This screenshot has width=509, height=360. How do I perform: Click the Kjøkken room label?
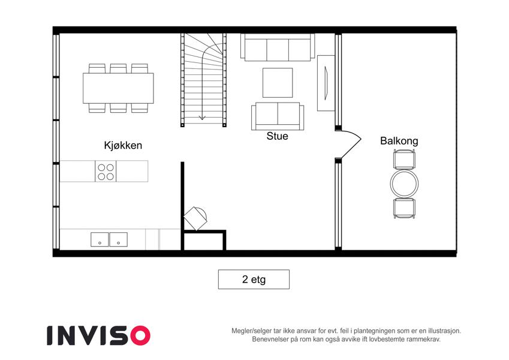tap(123, 145)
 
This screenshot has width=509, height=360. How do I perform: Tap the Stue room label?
tap(277, 136)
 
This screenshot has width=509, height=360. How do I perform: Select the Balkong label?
tap(399, 141)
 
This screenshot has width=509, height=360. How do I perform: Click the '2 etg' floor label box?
tap(254, 279)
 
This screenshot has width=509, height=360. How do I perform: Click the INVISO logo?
tap(99, 335)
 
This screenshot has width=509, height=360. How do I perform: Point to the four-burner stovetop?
tap(106, 171)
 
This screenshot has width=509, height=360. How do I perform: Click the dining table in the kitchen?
tap(118, 88)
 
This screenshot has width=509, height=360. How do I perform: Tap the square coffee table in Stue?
tap(278, 83)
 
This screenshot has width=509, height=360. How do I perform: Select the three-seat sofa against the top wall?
tap(278, 47)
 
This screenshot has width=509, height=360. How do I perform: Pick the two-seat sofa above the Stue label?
tap(278, 116)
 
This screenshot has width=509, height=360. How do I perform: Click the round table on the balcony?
tap(405, 184)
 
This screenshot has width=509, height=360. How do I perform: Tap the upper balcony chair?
tap(404, 159)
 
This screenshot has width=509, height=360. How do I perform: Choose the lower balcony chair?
tap(404, 208)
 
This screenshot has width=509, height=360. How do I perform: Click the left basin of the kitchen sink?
tap(100, 239)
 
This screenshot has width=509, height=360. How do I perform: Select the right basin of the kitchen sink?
tap(119, 239)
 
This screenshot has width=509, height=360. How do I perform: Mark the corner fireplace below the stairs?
tap(195, 218)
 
